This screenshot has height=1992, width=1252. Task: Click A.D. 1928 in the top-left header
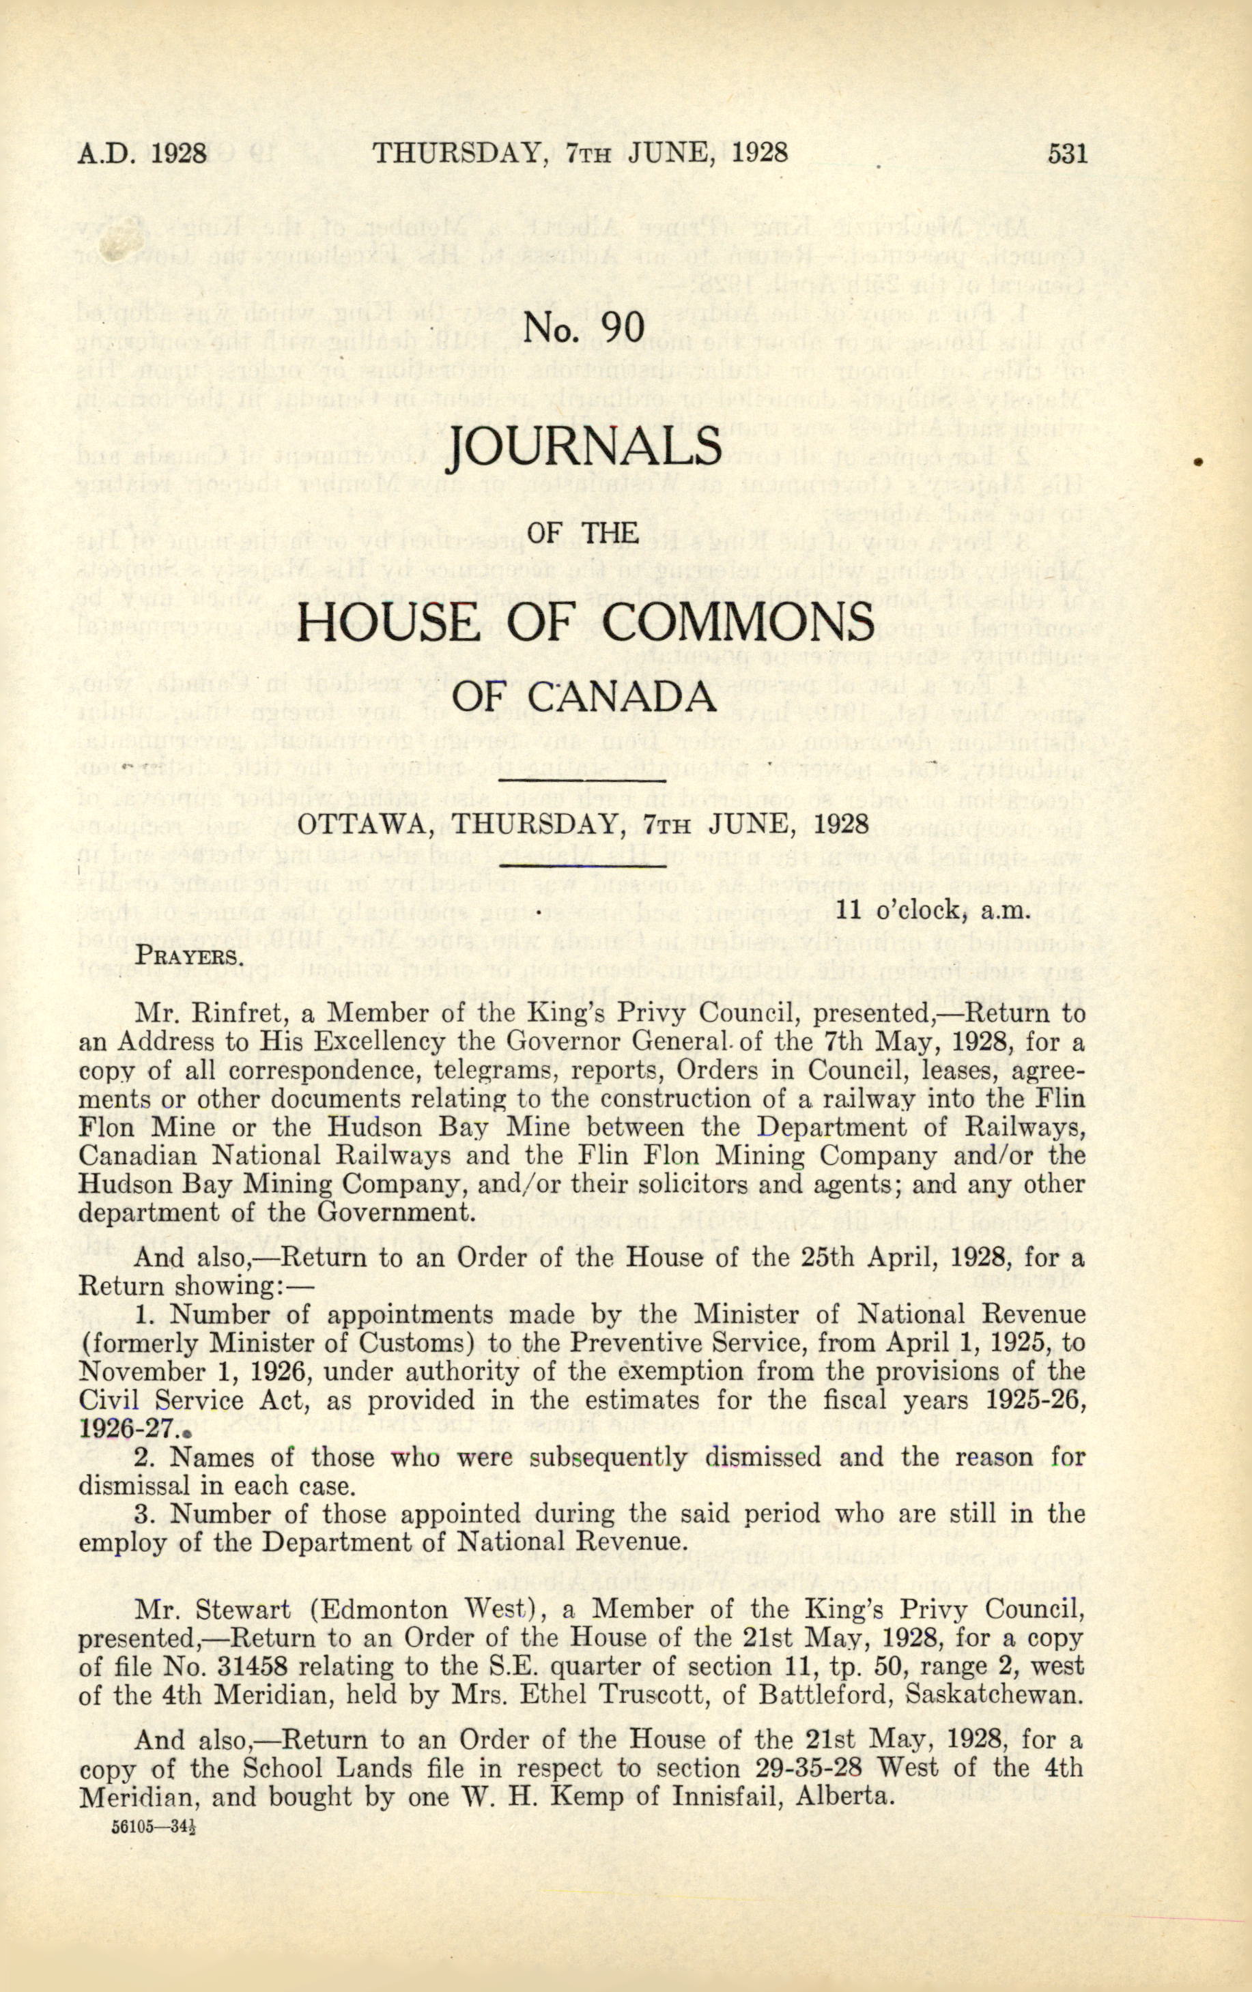tap(142, 155)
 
